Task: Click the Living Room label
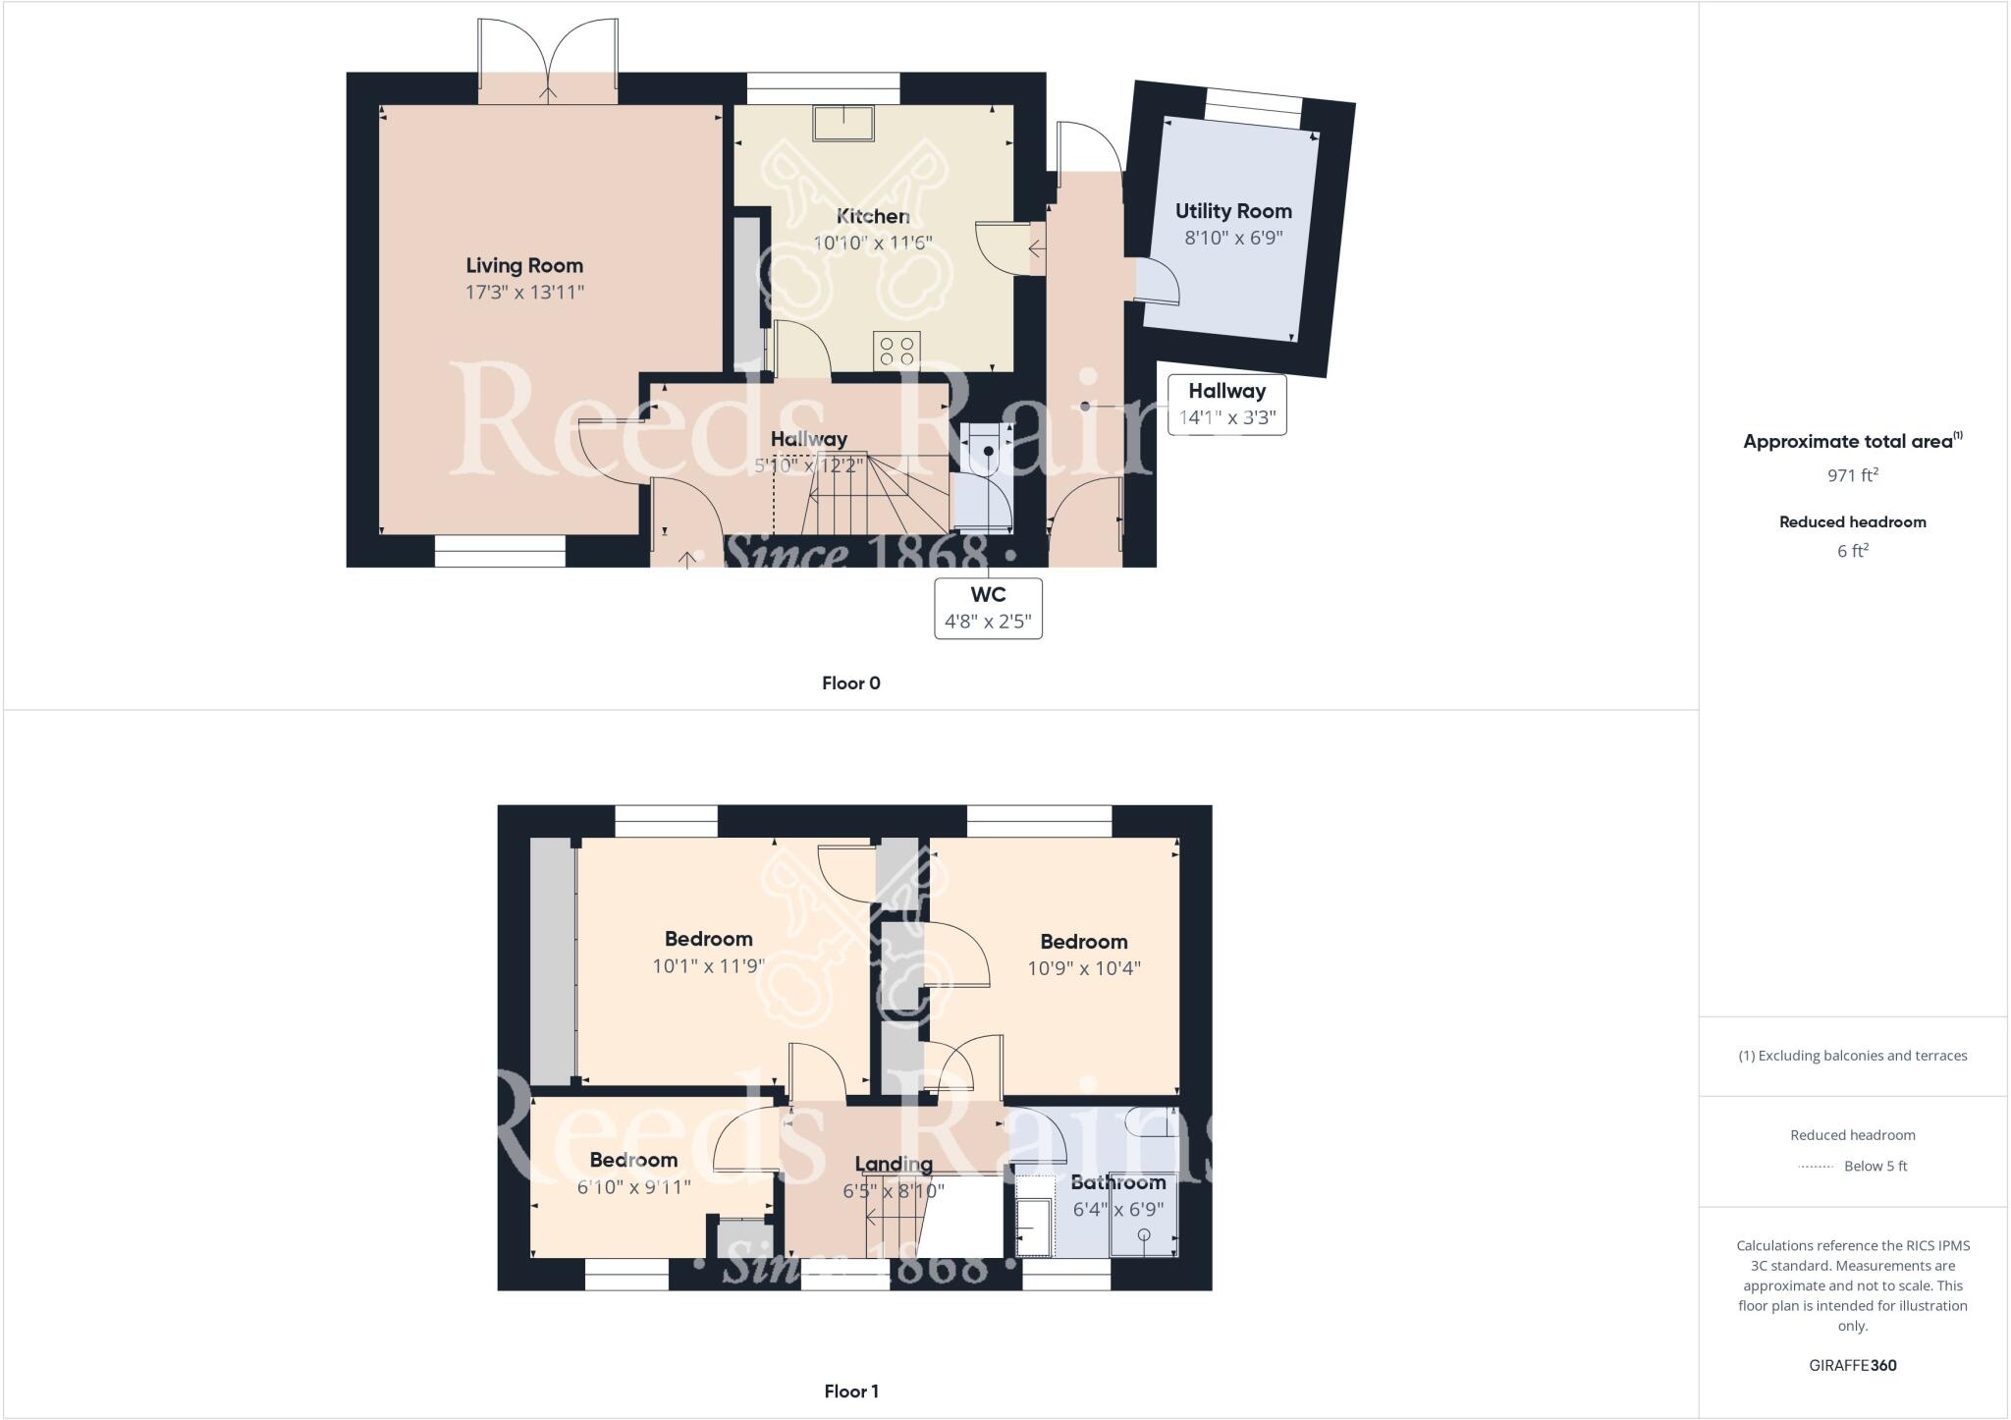(x=523, y=265)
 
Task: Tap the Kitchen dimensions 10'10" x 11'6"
(x=872, y=243)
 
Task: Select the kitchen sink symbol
(x=843, y=123)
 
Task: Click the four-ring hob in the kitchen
(x=897, y=351)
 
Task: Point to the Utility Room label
(x=1233, y=211)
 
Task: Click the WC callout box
(x=988, y=609)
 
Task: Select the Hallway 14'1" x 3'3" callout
(x=1226, y=405)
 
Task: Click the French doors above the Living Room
(x=548, y=61)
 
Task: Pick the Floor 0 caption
(x=851, y=683)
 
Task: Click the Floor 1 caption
(x=851, y=1392)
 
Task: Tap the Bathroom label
(x=1117, y=1182)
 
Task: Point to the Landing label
(x=894, y=1165)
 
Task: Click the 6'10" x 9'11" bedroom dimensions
(x=633, y=1187)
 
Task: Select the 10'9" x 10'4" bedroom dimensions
(x=1084, y=968)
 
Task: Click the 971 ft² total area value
(x=1852, y=475)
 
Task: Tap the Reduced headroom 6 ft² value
(x=1852, y=551)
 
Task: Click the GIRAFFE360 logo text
(x=1852, y=1365)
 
